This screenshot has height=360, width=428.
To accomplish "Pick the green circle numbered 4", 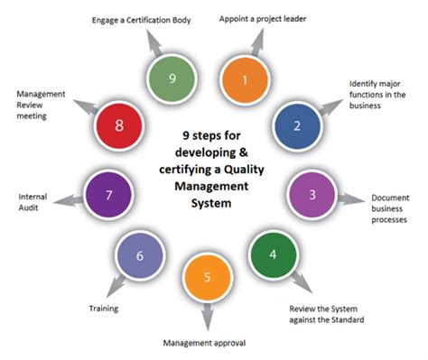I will [274, 254].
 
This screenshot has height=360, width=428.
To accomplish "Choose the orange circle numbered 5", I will [209, 279].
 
